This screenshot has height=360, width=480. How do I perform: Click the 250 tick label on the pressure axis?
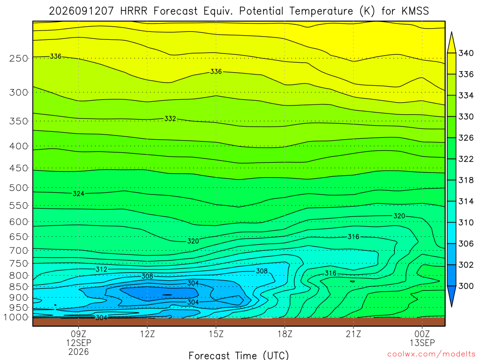(x=18, y=58)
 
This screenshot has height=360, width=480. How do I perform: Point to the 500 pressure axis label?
(x=18, y=188)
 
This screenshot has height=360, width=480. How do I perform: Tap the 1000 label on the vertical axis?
(x=15, y=317)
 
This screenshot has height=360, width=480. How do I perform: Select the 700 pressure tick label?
(x=18, y=251)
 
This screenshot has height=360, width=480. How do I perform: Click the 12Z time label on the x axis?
(x=148, y=334)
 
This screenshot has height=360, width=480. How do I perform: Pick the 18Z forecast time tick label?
(x=285, y=334)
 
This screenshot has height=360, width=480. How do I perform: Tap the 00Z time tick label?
(x=422, y=334)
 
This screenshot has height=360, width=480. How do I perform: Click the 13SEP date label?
(x=422, y=343)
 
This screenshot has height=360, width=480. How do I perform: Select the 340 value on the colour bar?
(x=466, y=53)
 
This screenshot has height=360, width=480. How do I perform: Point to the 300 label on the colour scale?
(x=466, y=286)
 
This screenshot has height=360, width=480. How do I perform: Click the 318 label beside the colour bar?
(x=466, y=180)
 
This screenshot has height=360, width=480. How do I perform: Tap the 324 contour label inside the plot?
(x=79, y=194)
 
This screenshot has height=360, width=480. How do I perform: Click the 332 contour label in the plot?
(x=170, y=119)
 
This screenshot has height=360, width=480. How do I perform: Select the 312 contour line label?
(x=101, y=270)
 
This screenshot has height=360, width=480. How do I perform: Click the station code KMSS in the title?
(x=415, y=11)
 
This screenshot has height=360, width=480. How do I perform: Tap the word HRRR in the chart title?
(x=134, y=11)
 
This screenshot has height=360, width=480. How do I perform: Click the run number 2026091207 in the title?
(x=81, y=11)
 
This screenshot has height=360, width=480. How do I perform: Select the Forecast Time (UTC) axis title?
(x=239, y=355)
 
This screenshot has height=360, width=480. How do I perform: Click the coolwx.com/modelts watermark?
(x=431, y=354)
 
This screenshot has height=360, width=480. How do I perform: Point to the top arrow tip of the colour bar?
(x=451, y=32)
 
